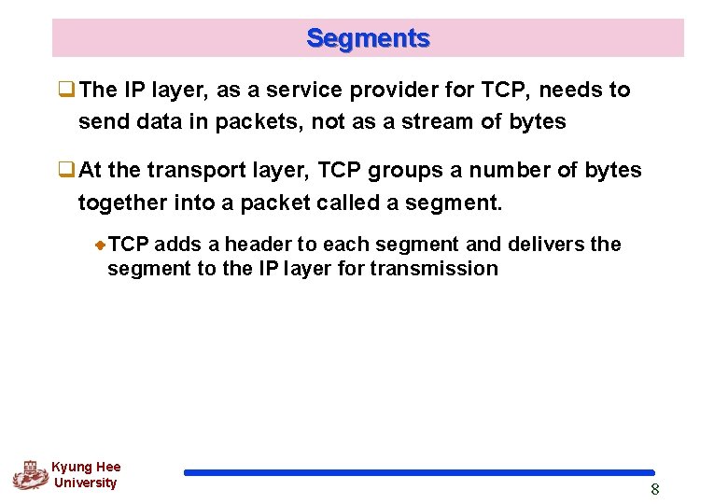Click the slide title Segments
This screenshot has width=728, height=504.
(368, 38)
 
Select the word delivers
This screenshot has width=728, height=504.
(546, 245)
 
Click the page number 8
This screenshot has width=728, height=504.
(654, 490)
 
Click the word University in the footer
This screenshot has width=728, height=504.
(86, 483)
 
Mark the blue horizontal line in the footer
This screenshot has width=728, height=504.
(419, 473)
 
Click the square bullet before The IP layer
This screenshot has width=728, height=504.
(67, 91)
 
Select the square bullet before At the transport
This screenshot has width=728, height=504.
(67, 171)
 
